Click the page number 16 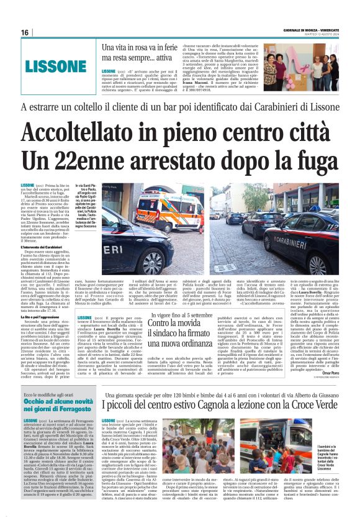tap(25, 32)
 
